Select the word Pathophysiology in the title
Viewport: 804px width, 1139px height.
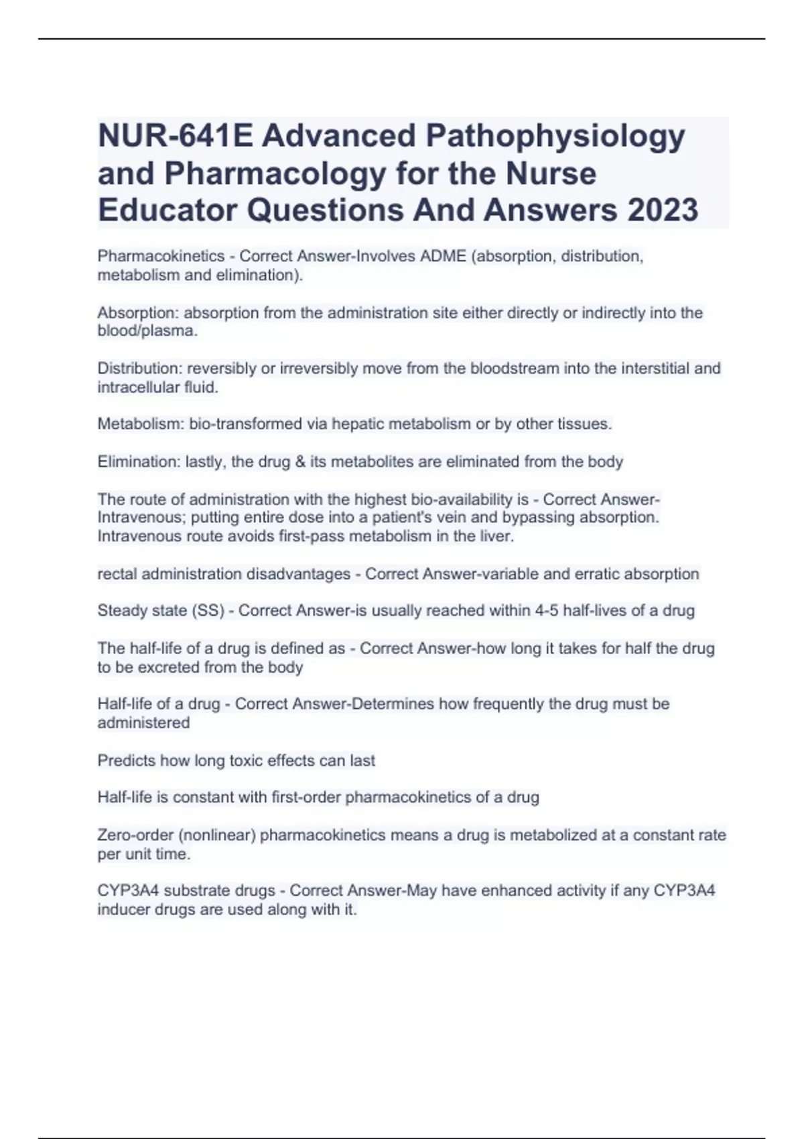(555, 137)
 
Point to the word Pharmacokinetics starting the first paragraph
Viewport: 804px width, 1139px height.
(161, 257)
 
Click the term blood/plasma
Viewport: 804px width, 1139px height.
(146, 331)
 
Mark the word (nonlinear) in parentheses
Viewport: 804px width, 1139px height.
(217, 835)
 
